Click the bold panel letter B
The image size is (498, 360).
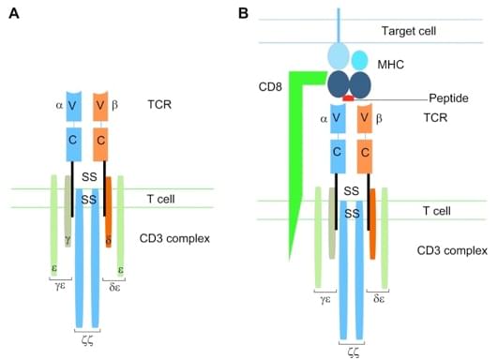(x=244, y=13)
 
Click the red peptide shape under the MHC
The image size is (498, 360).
(x=348, y=97)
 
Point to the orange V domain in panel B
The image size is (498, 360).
(x=361, y=119)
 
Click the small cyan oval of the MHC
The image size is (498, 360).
(x=359, y=59)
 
